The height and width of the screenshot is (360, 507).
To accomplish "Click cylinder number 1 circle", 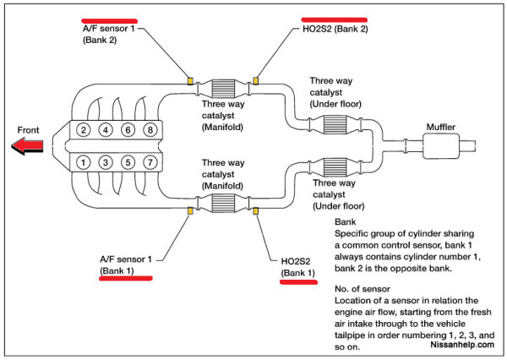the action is point(84,162).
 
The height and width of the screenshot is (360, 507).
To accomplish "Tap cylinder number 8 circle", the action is point(150,130).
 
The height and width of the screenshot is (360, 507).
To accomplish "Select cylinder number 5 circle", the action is point(128,162).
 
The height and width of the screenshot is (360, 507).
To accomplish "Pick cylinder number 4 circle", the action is point(106,130).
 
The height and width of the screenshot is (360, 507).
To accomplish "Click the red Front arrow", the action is point(27,146).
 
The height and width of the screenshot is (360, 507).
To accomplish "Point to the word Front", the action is point(28,130).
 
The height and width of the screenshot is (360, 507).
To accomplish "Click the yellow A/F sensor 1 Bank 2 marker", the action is point(190,80).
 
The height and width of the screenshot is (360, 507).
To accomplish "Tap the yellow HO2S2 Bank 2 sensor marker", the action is point(255,80).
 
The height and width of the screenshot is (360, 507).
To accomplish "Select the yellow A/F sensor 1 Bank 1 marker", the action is point(190,211).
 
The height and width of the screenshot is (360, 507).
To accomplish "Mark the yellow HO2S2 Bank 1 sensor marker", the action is point(255,211).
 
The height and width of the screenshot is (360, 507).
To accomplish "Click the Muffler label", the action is point(441,127).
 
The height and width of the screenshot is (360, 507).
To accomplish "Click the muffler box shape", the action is point(441,146).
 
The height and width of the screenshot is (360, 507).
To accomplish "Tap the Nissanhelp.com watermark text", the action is point(462,345).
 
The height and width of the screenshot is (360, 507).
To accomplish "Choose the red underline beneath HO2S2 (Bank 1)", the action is point(298,282).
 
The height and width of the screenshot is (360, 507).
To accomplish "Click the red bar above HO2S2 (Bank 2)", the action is point(335,19).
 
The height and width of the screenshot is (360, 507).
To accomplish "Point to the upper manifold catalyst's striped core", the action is point(223,89).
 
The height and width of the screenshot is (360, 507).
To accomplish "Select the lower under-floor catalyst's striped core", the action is point(335,167).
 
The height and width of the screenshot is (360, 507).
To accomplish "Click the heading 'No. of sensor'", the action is point(363,289).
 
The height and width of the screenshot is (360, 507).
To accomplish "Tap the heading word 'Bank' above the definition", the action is point(345,222).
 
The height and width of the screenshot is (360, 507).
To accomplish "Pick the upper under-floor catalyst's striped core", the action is point(335,124).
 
